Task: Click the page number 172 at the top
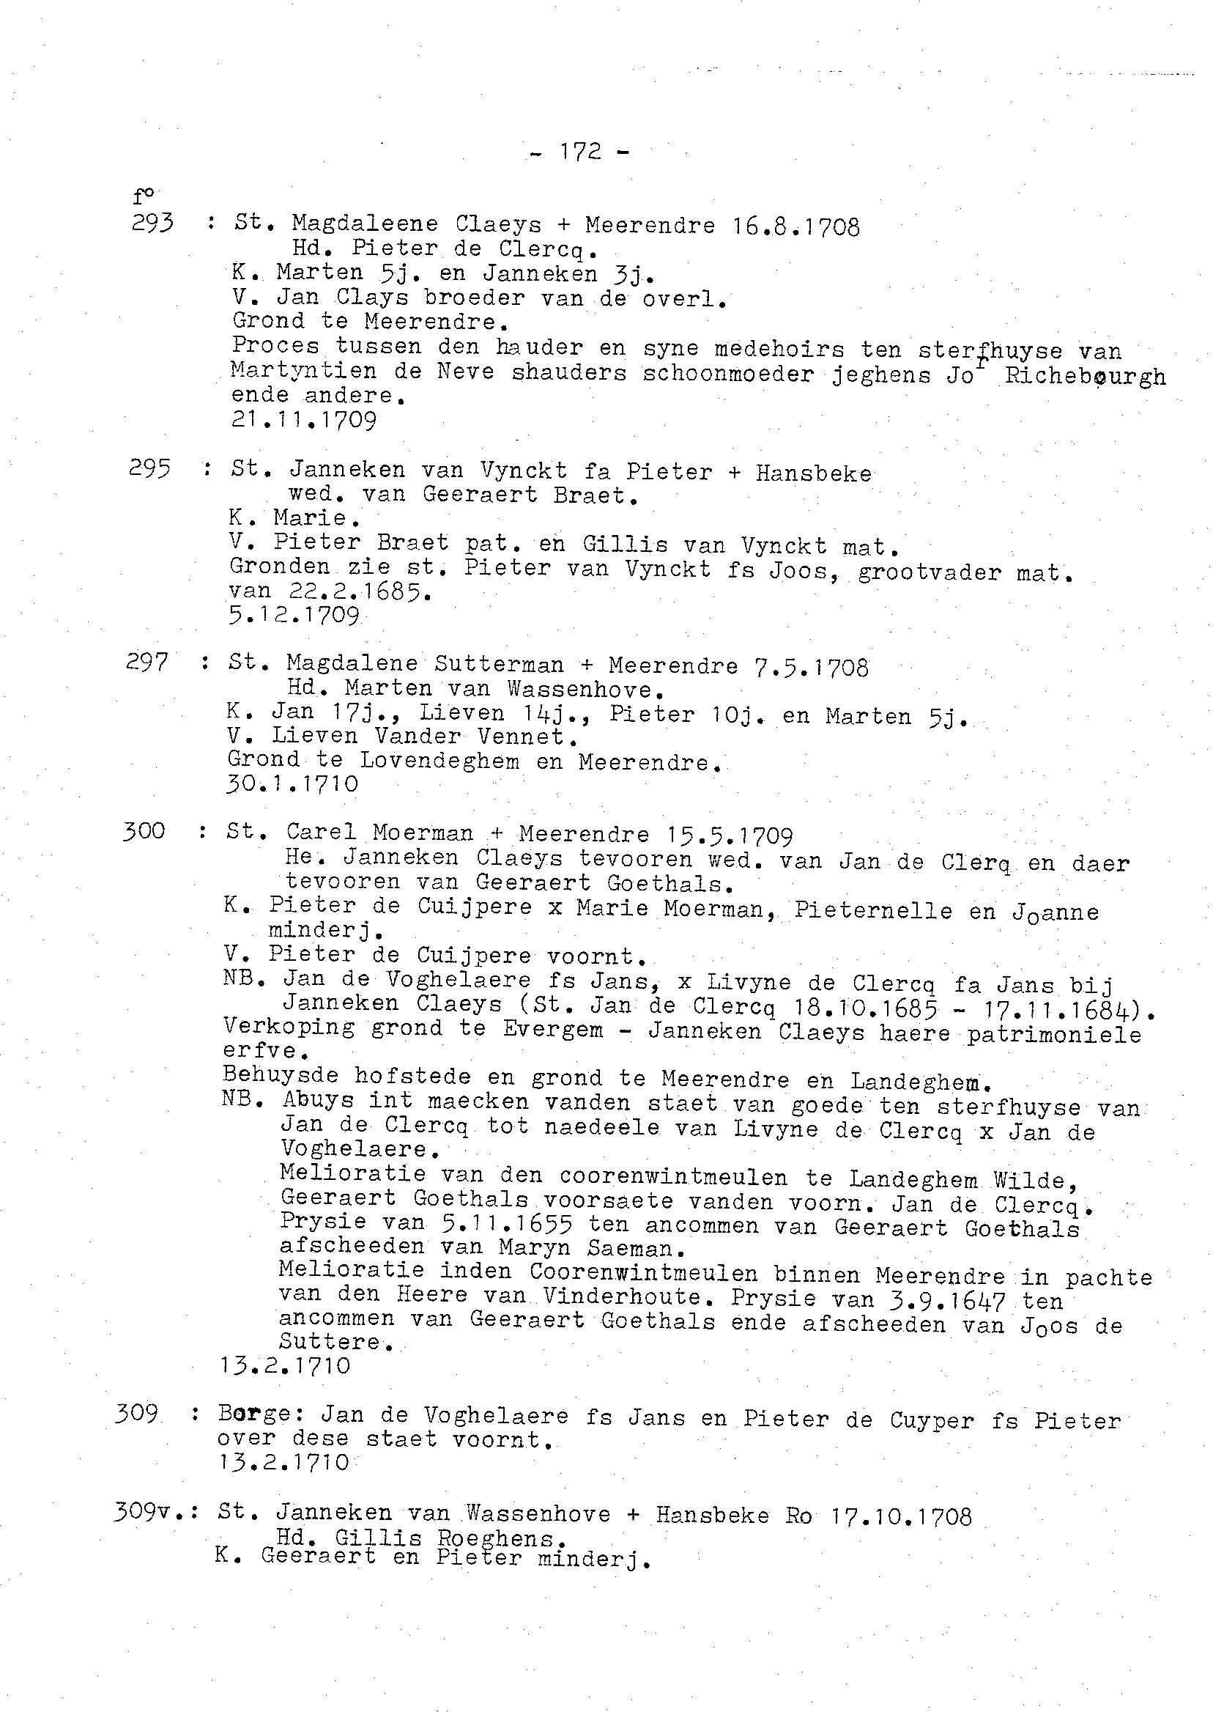point(580,152)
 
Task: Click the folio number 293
point(152,223)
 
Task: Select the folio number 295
point(149,468)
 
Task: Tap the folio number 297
point(147,662)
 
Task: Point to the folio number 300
point(144,831)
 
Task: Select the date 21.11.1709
point(304,420)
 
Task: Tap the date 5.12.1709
point(295,615)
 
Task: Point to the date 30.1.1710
point(292,784)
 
